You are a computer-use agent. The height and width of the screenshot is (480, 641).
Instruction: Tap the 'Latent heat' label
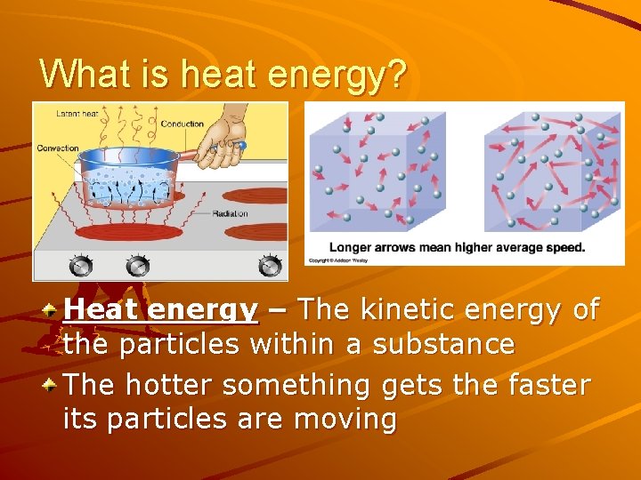click(77, 113)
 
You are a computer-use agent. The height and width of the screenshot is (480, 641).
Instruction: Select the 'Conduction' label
click(183, 124)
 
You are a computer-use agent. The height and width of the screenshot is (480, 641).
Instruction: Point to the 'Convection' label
click(58, 148)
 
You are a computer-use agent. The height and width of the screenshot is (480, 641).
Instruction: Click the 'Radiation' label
click(231, 214)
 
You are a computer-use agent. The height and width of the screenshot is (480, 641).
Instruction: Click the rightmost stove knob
click(269, 265)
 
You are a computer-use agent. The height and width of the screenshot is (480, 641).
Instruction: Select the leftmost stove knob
click(81, 266)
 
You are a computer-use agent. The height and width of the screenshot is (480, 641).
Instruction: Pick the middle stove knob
click(137, 265)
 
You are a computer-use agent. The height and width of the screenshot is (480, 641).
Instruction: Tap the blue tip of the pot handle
click(242, 145)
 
